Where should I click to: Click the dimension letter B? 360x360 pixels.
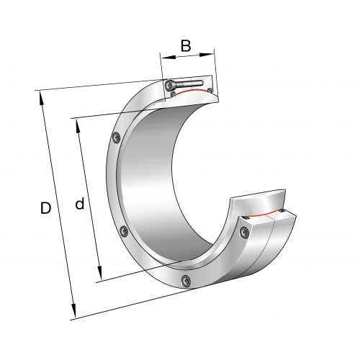[x=186, y=45]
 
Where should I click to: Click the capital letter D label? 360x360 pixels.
[x=45, y=208]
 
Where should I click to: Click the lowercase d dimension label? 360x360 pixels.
[x=80, y=204]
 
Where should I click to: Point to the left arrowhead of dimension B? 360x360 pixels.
[x=168, y=58]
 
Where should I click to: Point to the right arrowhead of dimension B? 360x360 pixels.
[x=207, y=55]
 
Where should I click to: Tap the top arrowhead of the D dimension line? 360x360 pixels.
[x=41, y=99]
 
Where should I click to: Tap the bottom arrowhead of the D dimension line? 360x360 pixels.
[x=73, y=310]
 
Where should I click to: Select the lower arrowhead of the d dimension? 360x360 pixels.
[x=100, y=273]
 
